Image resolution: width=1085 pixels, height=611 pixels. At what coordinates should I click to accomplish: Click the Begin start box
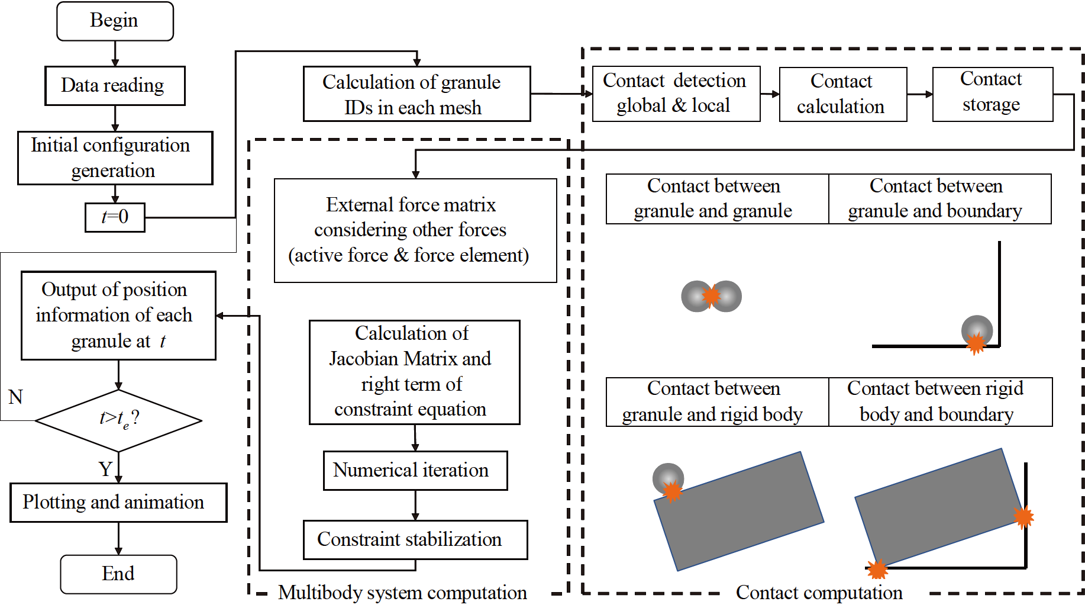[115, 21]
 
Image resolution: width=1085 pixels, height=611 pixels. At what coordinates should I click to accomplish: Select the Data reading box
[115, 86]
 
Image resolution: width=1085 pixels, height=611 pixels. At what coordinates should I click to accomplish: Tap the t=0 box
[115, 217]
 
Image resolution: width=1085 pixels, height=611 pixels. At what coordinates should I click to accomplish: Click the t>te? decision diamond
[118, 420]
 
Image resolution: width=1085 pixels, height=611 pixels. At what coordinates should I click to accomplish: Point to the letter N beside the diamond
[15, 397]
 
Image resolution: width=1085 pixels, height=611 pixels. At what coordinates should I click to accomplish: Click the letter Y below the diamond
[105, 469]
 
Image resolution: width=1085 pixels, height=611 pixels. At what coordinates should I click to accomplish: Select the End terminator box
[118, 574]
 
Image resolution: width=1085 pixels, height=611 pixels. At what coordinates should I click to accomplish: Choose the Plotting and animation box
[118, 503]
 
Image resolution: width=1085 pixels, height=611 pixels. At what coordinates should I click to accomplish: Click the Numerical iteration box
[415, 471]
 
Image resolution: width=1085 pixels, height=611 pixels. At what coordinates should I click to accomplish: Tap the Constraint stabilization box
[415, 539]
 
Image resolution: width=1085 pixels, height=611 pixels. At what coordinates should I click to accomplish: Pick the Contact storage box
[992, 94]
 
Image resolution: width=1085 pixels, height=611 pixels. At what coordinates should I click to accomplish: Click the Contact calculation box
[842, 94]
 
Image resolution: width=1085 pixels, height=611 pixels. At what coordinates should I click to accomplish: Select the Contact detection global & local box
[676, 94]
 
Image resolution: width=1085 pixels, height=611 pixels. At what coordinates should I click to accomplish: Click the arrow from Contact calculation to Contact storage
[919, 94]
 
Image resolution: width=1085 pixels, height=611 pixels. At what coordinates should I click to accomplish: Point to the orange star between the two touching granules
[711, 295]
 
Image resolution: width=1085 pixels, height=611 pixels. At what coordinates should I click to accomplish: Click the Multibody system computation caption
[402, 593]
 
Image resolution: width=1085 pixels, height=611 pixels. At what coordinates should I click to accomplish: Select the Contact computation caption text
[819, 593]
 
